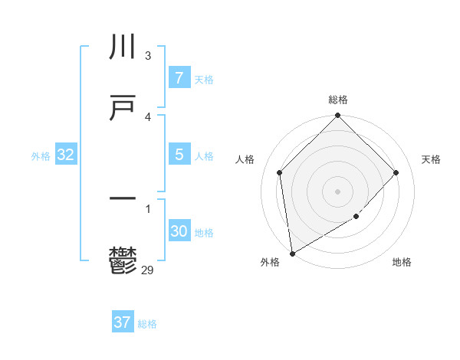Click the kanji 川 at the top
point(123,48)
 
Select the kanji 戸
point(123,108)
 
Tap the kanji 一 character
point(123,199)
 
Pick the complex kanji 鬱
point(123,261)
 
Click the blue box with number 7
point(179,78)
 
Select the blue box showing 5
point(179,155)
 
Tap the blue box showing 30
point(179,231)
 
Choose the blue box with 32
point(65,155)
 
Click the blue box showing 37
point(123,322)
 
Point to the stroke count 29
point(148,269)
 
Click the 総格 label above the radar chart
point(338,100)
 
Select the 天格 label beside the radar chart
point(432,159)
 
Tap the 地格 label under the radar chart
point(402,262)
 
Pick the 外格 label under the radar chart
point(270,262)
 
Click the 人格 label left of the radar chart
point(245,159)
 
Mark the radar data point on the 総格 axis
point(338,116)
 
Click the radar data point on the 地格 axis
point(356,217)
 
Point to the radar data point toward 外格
point(292,253)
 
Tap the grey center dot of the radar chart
point(338,191)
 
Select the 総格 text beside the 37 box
point(147,324)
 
